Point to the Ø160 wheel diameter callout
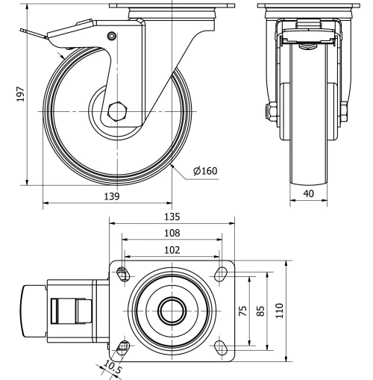204,171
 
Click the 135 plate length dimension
172,217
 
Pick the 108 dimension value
172,233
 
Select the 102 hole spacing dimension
172,250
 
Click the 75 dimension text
242,311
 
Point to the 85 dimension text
260,311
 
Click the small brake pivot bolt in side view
112,36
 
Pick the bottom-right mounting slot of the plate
221,346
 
